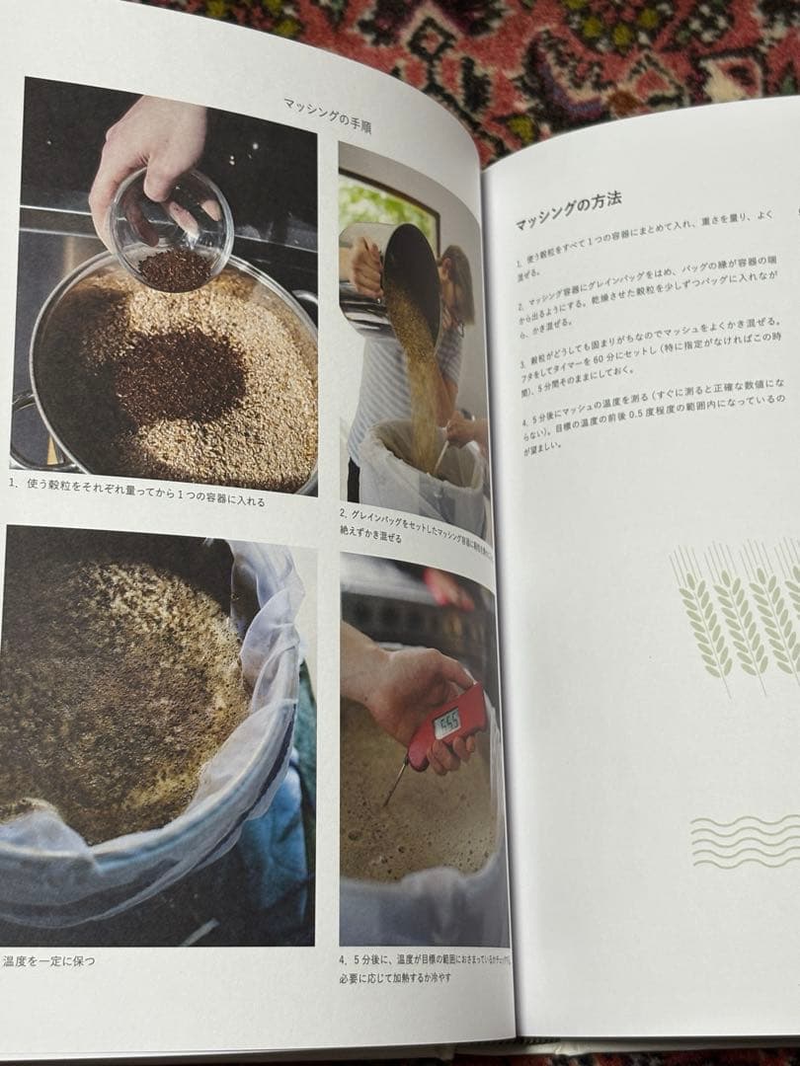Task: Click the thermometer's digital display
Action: tap(447, 723)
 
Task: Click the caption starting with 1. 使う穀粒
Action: tap(138, 491)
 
